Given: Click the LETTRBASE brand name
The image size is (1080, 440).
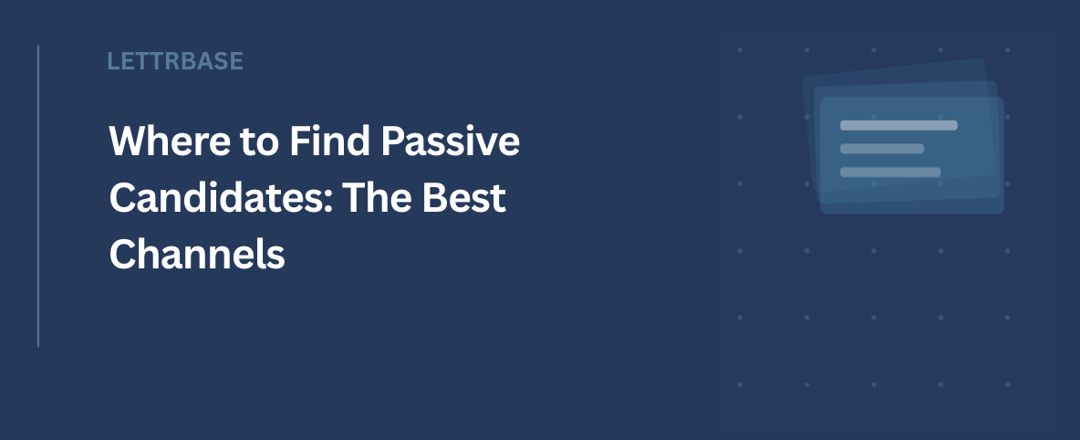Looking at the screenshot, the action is pos(175,61).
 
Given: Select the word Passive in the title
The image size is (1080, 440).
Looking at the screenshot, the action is pos(451,141).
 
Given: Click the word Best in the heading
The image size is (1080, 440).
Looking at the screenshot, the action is pos(464,197).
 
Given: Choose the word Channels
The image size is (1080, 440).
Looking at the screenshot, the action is pos(197,254).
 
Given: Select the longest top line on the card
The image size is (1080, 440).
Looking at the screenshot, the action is pos(898,125).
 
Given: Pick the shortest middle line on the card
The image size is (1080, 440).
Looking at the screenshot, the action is pos(882,149).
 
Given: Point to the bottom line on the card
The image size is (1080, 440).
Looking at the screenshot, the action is pos(890,173).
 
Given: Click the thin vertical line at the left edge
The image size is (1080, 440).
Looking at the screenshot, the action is pos(38,196).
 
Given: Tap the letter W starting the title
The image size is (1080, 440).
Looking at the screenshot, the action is pos(127,141).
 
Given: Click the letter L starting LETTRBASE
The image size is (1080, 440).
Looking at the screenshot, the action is pos(114,61).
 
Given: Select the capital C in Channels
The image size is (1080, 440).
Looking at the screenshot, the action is pos(122,254).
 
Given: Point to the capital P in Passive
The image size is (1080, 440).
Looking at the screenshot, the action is pos(392,141).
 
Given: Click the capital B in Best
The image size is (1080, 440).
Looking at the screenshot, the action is pos(434,197).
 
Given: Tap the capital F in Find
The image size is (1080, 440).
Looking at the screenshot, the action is pos(299,141).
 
